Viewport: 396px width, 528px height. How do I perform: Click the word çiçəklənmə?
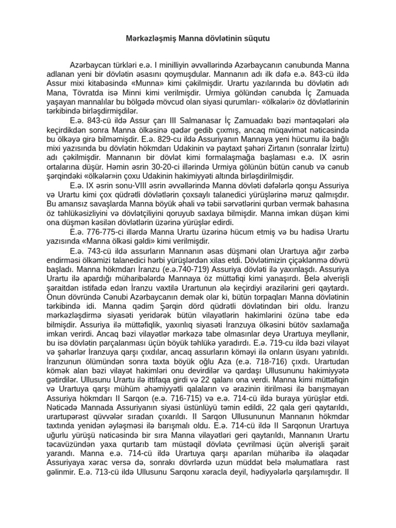coord(298,259)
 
